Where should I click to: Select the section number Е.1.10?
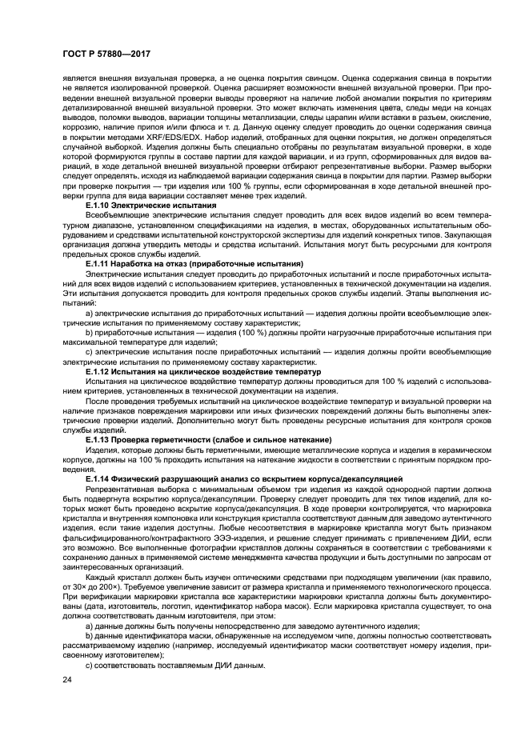coord(101,206)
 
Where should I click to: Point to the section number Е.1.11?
coord(101,263)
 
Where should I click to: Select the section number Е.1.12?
coord(101,372)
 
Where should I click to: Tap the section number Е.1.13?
coord(101,439)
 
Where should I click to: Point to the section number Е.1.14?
coord(101,478)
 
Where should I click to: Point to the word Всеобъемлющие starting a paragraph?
coord(117,215)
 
